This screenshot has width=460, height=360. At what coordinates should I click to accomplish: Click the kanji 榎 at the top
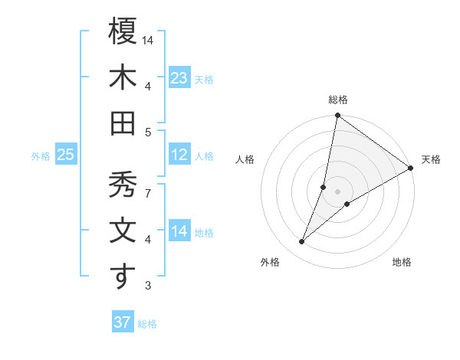[123, 33]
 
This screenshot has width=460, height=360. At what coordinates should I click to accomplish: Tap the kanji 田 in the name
[123, 123]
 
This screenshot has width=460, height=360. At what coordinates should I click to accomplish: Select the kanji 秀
[123, 185]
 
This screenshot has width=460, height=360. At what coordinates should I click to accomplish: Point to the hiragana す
[123, 277]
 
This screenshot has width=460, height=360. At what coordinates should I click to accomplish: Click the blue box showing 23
[179, 78]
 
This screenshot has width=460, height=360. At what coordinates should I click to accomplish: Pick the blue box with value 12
[179, 155]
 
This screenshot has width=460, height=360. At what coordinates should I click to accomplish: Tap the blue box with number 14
[179, 232]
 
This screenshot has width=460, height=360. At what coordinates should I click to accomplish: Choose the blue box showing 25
[66, 155]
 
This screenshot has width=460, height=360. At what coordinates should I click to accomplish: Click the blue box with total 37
[122, 322]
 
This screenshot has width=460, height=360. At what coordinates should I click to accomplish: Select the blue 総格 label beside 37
[147, 324]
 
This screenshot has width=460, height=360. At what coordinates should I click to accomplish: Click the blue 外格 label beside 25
[41, 156]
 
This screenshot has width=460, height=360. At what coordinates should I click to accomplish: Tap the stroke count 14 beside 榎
[149, 40]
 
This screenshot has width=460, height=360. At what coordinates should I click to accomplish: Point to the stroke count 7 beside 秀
[148, 193]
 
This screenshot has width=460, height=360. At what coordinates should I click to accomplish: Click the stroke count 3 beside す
[148, 286]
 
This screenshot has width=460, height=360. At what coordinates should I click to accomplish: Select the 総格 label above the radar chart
[337, 100]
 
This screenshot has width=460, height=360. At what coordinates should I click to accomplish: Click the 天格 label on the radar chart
[431, 159]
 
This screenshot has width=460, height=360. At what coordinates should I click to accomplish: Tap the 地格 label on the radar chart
[402, 262]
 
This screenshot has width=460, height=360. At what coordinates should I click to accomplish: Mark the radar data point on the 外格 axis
[302, 242]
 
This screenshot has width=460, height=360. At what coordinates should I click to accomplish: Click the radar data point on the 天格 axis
[410, 169]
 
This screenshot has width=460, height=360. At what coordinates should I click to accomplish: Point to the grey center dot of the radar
[337, 191]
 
